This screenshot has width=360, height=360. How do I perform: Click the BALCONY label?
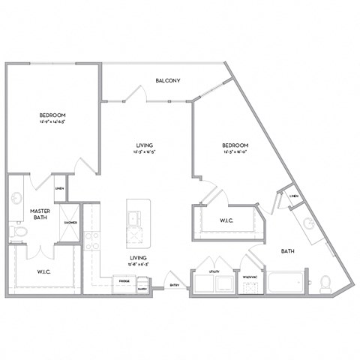pyautogui.click(x=166, y=80)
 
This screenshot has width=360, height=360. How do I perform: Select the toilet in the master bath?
pyautogui.click(x=19, y=235)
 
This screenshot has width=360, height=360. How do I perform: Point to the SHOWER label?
pyautogui.click(x=70, y=223)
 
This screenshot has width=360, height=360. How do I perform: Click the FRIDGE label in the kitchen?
pyautogui.click(x=124, y=280)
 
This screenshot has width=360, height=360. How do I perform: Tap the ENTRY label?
pyautogui.click(x=174, y=285)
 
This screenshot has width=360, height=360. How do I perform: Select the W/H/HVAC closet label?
pyautogui.click(x=250, y=277)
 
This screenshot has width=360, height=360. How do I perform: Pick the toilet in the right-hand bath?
pyautogui.click(x=325, y=283)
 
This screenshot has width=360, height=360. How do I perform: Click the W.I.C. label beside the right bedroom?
pyautogui.click(x=229, y=220)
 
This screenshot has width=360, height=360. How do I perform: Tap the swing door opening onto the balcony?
pyautogui.click(x=136, y=94)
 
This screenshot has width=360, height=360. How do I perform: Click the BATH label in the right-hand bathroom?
pyautogui.click(x=288, y=251)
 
